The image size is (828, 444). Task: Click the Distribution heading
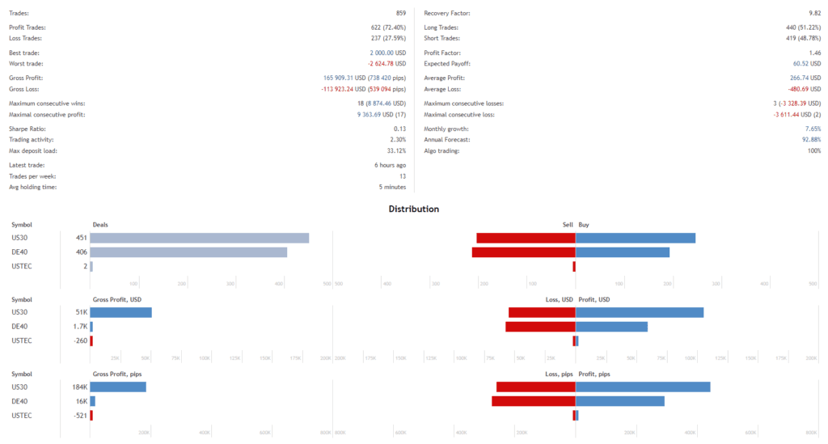click(413, 209)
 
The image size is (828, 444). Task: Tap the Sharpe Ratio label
click(27, 129)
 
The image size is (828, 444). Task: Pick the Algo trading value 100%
click(813, 151)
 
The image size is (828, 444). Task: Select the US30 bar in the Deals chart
click(199, 238)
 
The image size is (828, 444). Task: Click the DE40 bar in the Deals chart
click(188, 252)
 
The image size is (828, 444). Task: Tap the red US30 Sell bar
click(526, 238)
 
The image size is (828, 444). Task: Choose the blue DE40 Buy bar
click(623, 252)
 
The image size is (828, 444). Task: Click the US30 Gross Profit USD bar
click(120, 312)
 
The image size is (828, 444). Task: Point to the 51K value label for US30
click(80, 312)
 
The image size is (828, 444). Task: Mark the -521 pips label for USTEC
click(78, 416)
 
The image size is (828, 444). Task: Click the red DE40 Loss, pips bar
click(534, 401)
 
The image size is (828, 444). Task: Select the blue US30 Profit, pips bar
click(643, 387)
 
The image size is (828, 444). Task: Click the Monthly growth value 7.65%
click(813, 129)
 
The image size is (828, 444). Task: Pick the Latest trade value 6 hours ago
click(386, 166)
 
